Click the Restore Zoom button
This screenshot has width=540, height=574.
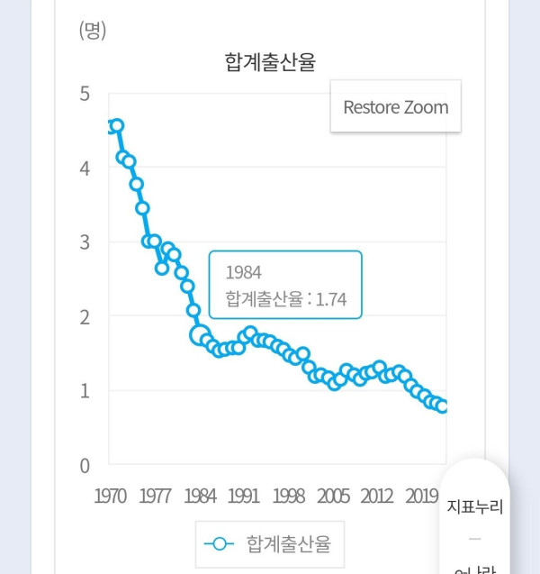coord(395,107)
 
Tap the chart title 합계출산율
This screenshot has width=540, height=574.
coord(270,61)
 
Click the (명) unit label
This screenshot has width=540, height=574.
coord(93,31)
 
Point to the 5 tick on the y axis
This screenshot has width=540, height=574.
coord(85,94)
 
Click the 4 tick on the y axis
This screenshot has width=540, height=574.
coord(85,169)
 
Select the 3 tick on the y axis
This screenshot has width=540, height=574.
coord(85,242)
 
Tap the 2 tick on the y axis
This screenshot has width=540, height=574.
coord(85,317)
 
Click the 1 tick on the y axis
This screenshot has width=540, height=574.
coord(85,391)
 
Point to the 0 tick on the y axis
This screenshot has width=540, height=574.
coord(85,466)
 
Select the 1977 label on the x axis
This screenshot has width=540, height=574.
coord(156,497)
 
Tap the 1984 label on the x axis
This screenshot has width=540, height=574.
coord(200,497)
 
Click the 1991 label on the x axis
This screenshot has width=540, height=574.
coord(244,497)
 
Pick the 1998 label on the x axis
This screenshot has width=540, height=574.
coord(289,497)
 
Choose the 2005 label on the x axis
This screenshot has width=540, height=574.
coord(333,497)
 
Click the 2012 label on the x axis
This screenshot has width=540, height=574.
coord(377,497)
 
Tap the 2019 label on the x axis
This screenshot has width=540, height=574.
coord(421,497)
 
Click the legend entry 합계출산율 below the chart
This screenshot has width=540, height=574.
coord(288,543)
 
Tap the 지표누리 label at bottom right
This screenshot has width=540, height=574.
coord(474,506)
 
